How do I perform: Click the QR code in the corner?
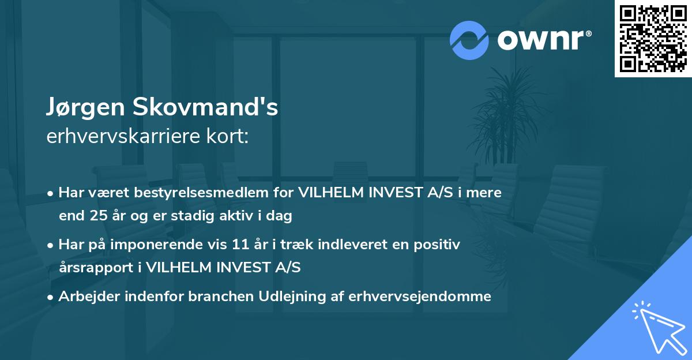[653, 39]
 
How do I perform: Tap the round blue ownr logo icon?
[469, 39]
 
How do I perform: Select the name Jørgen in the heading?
[85, 108]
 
